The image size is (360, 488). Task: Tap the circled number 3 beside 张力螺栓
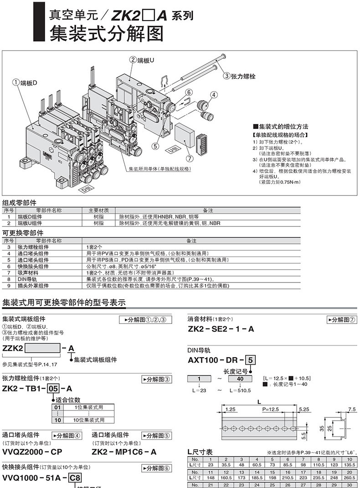(x=226, y=76)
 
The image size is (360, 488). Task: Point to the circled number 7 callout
(x=189, y=159)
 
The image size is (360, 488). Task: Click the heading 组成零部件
(x=20, y=203)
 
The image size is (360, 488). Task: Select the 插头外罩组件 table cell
(x=33, y=286)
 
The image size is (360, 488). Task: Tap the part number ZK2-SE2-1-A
(x=221, y=329)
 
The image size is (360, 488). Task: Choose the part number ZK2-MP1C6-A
(x=124, y=452)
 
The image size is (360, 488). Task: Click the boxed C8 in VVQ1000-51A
(x=76, y=478)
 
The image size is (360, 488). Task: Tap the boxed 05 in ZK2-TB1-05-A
(x=53, y=388)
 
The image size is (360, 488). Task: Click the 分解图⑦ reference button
(x=342, y=319)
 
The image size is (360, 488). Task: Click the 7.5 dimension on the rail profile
(x=351, y=410)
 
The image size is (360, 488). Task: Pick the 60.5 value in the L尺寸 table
(x=258, y=464)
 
